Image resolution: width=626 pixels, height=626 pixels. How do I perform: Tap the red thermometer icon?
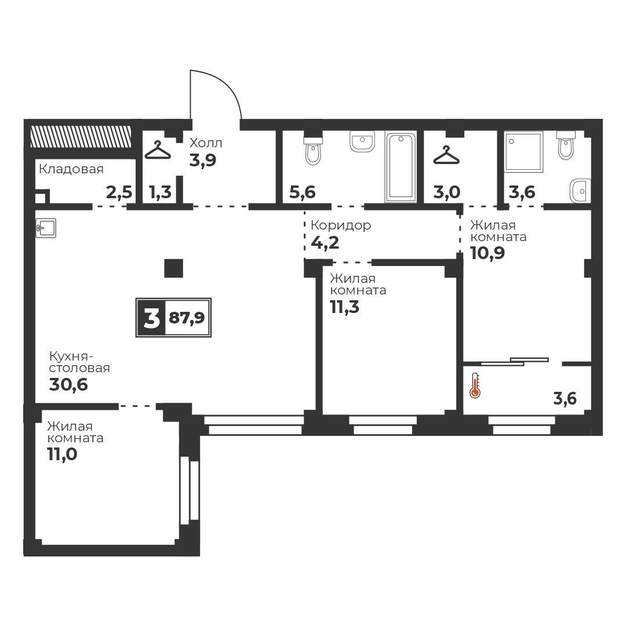(x=475, y=385)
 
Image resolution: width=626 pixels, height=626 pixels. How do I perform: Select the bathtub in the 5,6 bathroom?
(x=401, y=166)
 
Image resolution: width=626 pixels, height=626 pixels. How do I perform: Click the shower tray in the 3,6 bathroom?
(x=524, y=152)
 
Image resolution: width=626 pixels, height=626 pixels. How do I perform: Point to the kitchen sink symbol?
(x=46, y=228)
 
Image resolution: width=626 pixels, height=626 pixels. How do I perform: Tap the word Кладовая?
(x=71, y=169)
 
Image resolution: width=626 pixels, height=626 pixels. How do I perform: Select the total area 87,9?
(x=187, y=318)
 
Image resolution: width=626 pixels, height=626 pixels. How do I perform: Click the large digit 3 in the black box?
(x=151, y=318)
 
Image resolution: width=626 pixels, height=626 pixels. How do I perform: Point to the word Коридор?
(x=341, y=225)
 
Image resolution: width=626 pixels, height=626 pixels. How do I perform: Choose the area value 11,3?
(x=344, y=307)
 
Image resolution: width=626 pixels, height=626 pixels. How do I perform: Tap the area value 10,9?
(x=487, y=253)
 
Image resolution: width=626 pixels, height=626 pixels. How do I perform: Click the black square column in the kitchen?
(x=174, y=268)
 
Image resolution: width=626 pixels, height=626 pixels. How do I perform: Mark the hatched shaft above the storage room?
(x=81, y=137)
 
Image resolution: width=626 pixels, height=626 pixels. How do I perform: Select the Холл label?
(x=206, y=143)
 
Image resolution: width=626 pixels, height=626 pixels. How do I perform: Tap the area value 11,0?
(x=62, y=454)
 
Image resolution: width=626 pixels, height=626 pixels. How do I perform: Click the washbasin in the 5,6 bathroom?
(x=362, y=142)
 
